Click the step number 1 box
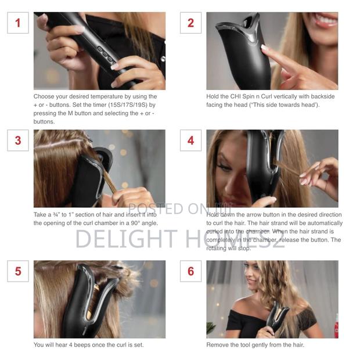pos(17,23)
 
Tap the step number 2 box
pos(190,23)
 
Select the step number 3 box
pos(17,140)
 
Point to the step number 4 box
pos(190,140)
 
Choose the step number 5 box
pos(17,271)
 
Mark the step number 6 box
pos(190,271)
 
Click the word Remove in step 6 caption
pos(218,345)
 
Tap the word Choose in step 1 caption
pos(44,96)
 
